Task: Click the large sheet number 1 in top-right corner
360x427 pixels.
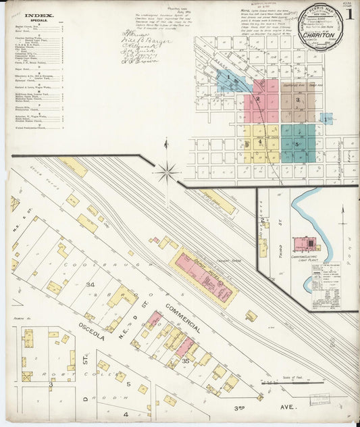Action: point(349,14)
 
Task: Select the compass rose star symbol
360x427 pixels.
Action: point(167,172)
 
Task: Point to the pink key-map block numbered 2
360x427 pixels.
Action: point(257,99)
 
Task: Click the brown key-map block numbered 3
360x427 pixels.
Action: point(297,100)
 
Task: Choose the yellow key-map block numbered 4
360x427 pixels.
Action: point(259,141)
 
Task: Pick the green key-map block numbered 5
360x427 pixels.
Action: point(298,143)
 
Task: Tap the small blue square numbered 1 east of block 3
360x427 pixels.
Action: point(327,119)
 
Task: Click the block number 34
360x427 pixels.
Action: point(90,285)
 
